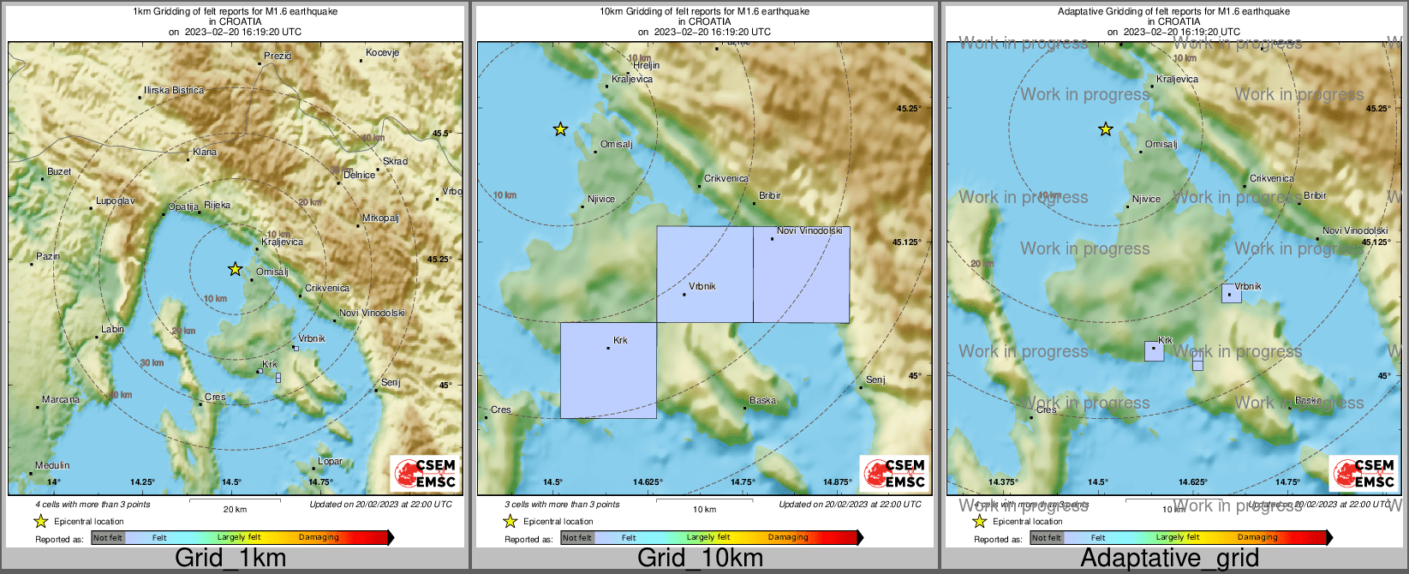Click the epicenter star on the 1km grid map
click(x=235, y=269)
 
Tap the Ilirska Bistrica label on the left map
click(x=174, y=90)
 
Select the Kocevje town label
click(x=382, y=53)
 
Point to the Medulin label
click(x=52, y=465)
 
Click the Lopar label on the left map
click(x=330, y=462)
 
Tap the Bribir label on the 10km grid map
click(x=770, y=196)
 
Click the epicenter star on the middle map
click(x=560, y=129)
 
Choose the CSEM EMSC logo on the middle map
click(x=894, y=473)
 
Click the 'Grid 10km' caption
click(x=700, y=559)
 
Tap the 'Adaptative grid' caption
click(x=1169, y=559)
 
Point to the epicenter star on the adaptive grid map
click(x=1106, y=129)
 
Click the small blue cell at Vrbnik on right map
click(x=1232, y=293)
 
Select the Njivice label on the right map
click(x=1146, y=199)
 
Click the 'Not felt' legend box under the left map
click(x=108, y=538)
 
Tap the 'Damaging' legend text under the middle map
click(x=788, y=538)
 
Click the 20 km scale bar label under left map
click(x=235, y=510)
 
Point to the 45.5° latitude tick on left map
click(x=441, y=134)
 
